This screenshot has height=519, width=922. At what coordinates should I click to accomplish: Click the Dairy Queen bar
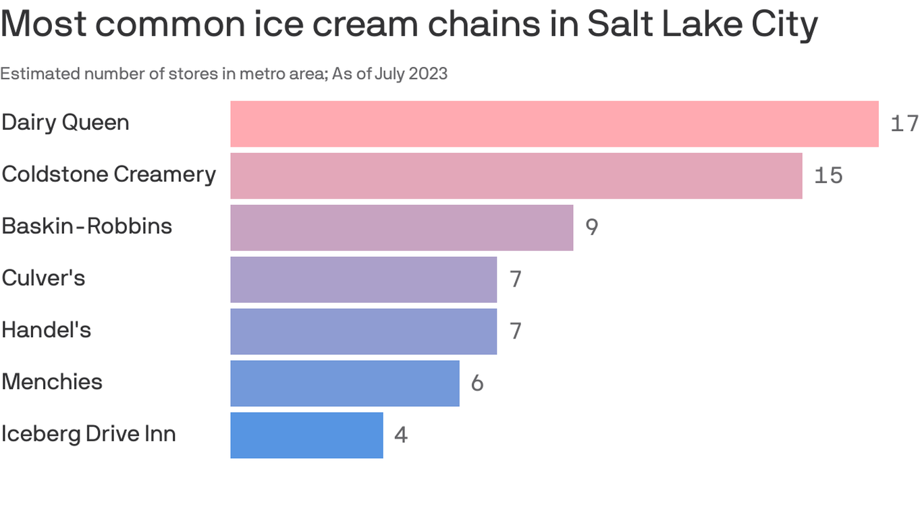pyautogui.click(x=554, y=124)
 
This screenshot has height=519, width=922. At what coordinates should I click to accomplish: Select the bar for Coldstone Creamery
pyautogui.click(x=516, y=176)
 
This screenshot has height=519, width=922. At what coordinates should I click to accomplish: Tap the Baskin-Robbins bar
pyautogui.click(x=402, y=228)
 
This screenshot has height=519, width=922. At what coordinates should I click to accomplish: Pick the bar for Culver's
pyautogui.click(x=363, y=279)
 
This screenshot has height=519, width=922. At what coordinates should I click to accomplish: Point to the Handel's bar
pyautogui.click(x=363, y=331)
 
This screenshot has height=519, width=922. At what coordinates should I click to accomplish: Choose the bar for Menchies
pyautogui.click(x=344, y=383)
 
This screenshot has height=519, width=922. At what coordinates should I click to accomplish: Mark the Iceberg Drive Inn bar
pyautogui.click(x=306, y=435)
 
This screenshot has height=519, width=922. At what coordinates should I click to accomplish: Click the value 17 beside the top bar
pyautogui.click(x=904, y=124)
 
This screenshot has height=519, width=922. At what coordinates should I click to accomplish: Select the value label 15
pyautogui.click(x=828, y=176)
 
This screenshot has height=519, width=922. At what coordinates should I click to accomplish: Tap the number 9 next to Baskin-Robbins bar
pyautogui.click(x=591, y=228)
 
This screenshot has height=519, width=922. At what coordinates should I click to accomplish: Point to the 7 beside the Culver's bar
pyautogui.click(x=516, y=279)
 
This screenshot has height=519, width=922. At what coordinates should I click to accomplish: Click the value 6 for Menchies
pyautogui.click(x=477, y=383)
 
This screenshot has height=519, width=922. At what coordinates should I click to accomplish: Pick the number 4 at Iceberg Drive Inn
pyautogui.click(x=401, y=435)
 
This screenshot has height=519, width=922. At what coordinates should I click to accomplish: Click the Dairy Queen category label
pyautogui.click(x=65, y=122)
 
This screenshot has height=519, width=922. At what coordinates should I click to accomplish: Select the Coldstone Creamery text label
pyautogui.click(x=109, y=174)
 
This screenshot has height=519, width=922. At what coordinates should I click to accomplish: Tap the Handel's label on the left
pyautogui.click(x=46, y=330)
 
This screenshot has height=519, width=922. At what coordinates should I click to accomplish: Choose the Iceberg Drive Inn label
pyautogui.click(x=88, y=434)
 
